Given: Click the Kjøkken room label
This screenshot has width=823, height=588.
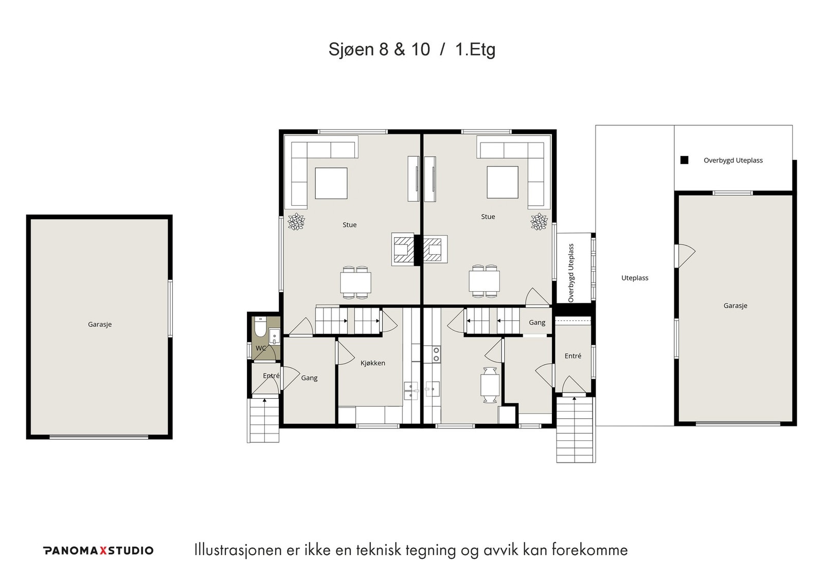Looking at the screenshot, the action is tap(372, 363).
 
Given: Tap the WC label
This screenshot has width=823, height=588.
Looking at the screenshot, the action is tap(260, 348).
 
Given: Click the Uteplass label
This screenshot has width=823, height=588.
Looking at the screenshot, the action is tap(635, 278).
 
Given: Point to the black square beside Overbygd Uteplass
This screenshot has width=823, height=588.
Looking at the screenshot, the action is tap(684, 160).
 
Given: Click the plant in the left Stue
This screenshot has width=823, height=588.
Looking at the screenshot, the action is tap(296, 222).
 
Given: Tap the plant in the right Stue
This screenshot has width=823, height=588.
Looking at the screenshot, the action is tap(539, 222).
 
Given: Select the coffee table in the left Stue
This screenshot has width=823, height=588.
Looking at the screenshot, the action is tap(331, 183).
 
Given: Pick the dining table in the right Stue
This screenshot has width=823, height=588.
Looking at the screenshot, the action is tap(484, 281).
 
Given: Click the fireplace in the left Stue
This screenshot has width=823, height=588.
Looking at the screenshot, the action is tap(403, 249).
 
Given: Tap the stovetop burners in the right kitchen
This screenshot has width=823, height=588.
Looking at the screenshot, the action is tap(436, 354).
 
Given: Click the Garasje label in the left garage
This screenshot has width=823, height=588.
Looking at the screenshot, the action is tap(100, 325).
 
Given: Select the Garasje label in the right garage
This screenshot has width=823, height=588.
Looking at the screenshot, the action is tap(735, 306).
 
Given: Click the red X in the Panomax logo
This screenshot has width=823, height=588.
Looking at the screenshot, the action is tap(103, 550).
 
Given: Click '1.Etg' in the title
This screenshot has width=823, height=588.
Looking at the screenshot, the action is tap(475, 49).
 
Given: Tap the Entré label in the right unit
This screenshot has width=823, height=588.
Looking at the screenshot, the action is tap(573, 356).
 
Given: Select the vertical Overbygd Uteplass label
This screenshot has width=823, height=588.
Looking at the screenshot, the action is tap(570, 273).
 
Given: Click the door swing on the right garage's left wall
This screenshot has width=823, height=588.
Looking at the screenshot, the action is tap(686, 256).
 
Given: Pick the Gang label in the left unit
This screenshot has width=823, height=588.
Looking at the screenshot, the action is tap(309, 378).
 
